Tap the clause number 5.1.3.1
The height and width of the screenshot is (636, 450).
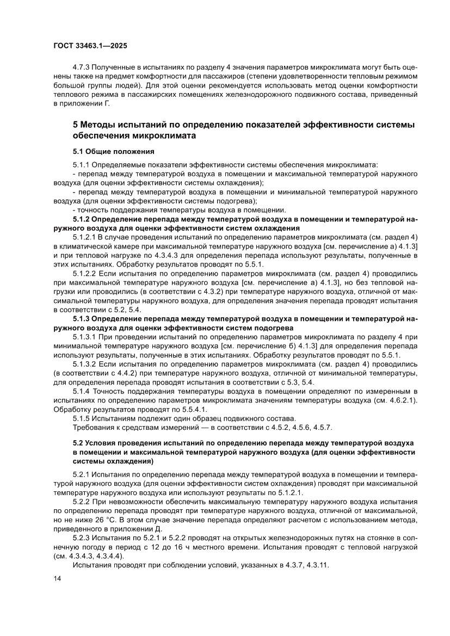tap(84, 337)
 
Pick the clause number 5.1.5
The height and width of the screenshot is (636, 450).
tap(82, 418)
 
